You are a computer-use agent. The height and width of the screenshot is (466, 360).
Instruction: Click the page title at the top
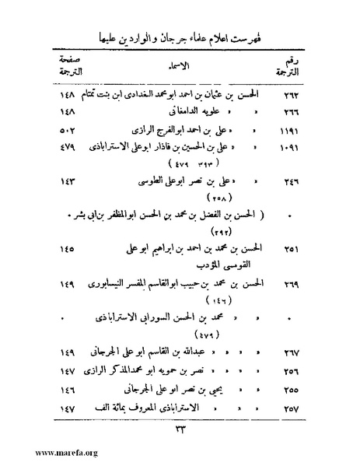(179, 37)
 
